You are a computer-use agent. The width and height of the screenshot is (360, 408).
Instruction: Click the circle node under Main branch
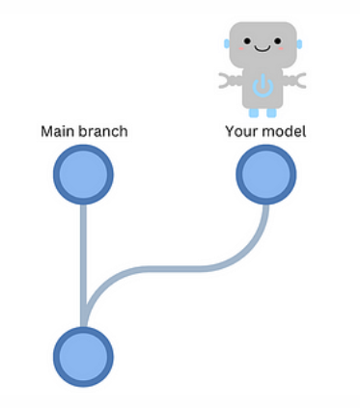click(84, 175)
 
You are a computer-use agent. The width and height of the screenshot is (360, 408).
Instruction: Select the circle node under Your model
click(265, 175)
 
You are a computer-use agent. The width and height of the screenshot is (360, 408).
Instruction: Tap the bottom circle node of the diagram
click(84, 356)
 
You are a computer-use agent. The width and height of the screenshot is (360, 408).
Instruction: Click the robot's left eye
click(248, 43)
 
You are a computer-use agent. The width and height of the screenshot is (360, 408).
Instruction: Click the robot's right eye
click(278, 43)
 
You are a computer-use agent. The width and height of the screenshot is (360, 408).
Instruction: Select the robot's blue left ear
click(228, 43)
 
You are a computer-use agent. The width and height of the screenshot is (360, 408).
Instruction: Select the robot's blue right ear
click(299, 43)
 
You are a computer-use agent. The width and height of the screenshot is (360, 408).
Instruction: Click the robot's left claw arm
click(231, 80)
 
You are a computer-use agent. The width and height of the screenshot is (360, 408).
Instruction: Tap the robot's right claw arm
click(296, 80)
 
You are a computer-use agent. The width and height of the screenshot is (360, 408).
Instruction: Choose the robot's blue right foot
click(272, 112)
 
